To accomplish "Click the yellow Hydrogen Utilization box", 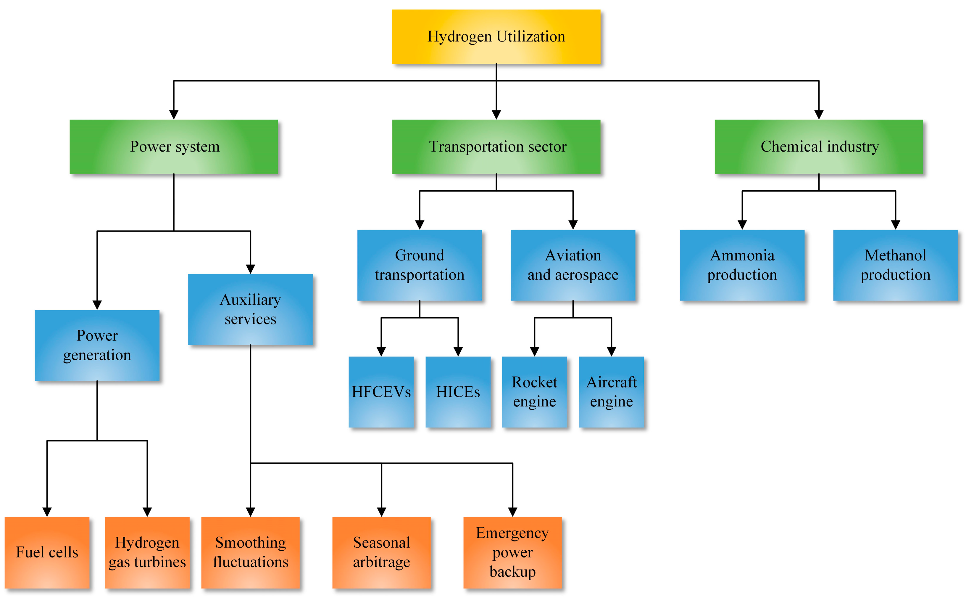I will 496,36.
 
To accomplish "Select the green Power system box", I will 174,146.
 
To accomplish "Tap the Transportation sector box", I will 496,146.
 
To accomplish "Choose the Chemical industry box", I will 819,146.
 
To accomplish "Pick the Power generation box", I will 97,345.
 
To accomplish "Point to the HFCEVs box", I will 381,392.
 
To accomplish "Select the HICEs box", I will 458,392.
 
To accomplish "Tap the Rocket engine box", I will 534,392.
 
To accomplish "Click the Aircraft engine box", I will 611,392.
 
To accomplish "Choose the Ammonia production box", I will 742,265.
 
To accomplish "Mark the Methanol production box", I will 895,265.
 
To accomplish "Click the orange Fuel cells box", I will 47,552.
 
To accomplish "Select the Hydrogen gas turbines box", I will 147,552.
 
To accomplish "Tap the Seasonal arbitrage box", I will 381,552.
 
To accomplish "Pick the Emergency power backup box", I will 512,552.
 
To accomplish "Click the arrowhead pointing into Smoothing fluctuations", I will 250,512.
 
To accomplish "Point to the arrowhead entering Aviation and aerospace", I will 573,225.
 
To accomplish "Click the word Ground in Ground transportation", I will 419,255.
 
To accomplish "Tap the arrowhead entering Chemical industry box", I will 819,115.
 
